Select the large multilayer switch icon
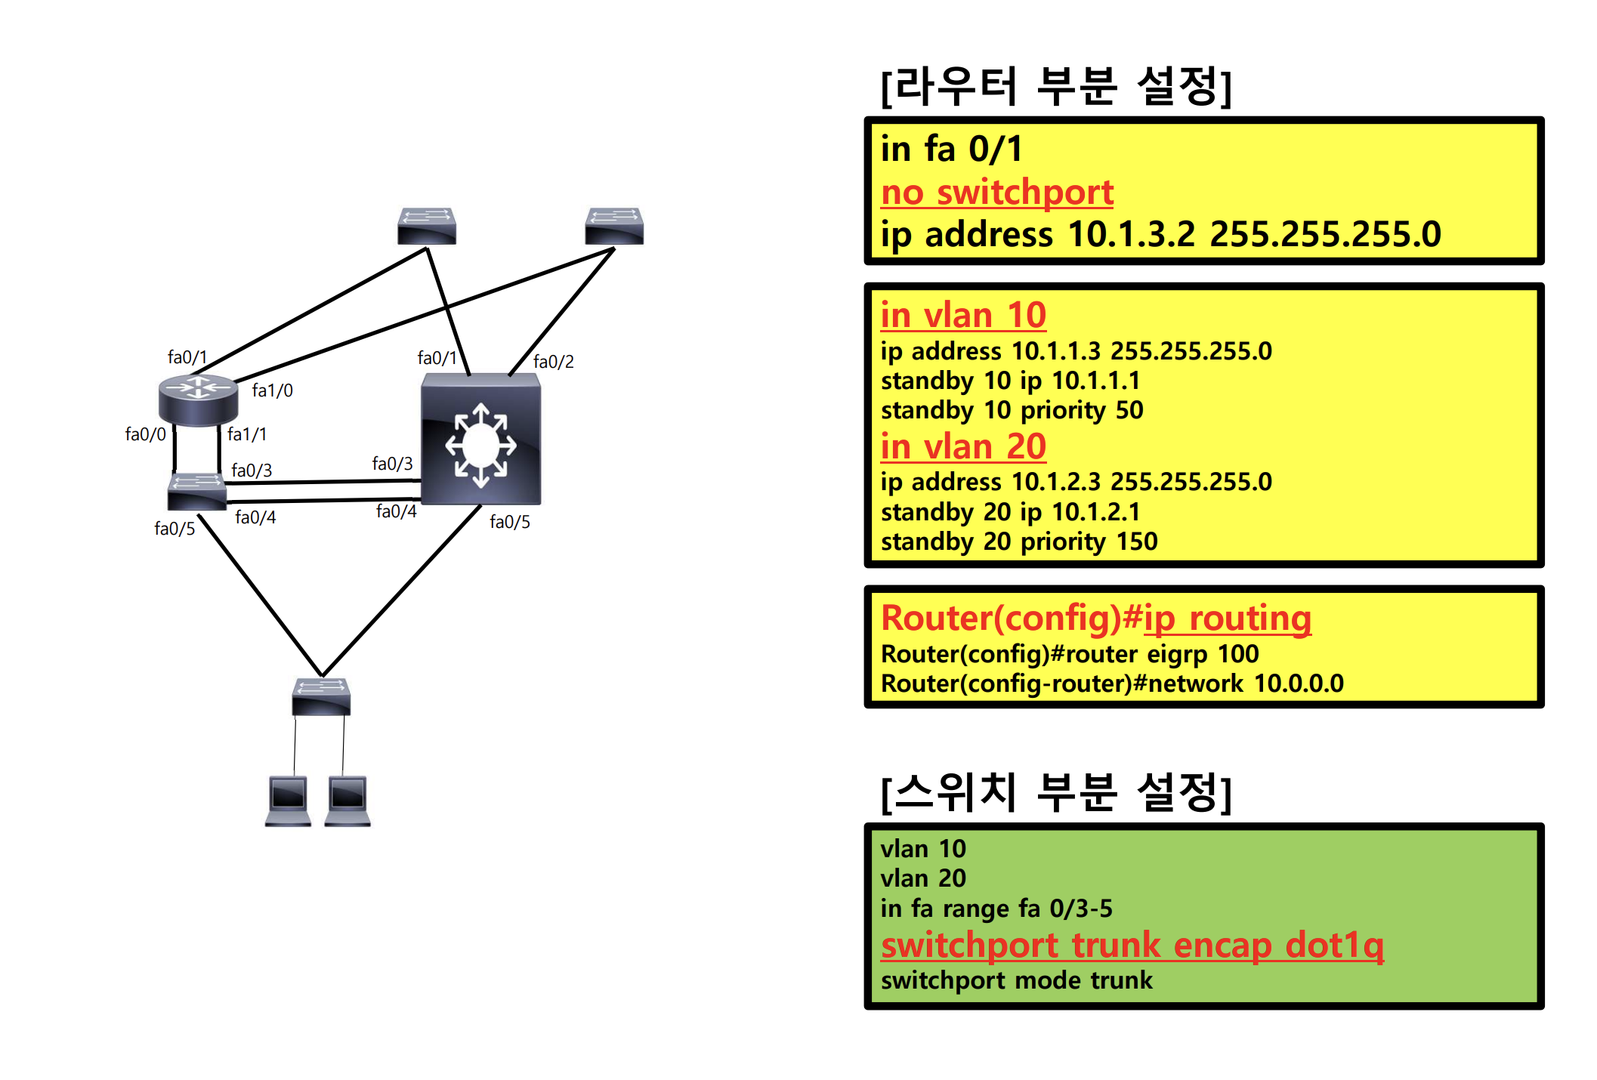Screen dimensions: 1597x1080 (480, 440)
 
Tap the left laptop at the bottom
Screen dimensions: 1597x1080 (288, 800)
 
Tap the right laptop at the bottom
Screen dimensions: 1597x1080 (348, 800)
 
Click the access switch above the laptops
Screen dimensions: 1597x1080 (321, 696)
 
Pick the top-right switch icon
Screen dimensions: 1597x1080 (614, 226)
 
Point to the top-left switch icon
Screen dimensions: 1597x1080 (427, 226)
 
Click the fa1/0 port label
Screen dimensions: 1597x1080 (272, 390)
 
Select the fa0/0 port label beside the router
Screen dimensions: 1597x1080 (145, 434)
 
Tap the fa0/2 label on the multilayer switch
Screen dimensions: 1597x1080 (553, 362)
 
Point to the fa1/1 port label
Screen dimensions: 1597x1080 (246, 434)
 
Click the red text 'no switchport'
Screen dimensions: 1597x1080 (996, 193)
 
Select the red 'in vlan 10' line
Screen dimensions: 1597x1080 (963, 315)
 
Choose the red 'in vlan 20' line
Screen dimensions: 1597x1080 (963, 446)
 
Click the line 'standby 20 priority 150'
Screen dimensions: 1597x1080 (1018, 542)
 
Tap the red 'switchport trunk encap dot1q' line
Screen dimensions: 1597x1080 (1132, 945)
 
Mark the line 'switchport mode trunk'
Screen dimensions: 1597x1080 (1016, 980)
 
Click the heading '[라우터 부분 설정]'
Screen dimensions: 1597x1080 (1056, 86)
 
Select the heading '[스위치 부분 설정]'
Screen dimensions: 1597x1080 (1056, 792)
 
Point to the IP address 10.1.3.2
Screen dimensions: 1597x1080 (1131, 234)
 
